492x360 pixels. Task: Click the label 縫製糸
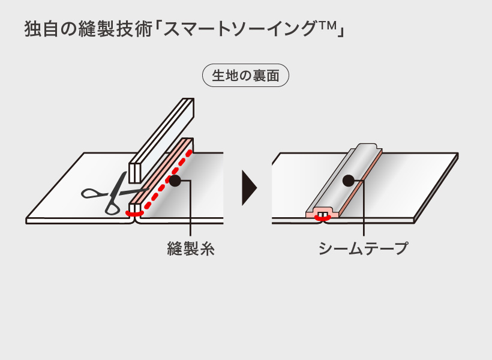tap(190, 248)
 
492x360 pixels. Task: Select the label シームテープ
tap(364, 248)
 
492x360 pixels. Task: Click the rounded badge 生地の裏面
tap(246, 76)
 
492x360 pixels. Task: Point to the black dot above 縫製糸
tap(175, 180)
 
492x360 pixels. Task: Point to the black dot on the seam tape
tap(348, 180)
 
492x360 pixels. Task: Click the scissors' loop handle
tap(92, 193)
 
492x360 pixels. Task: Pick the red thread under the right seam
tap(323, 218)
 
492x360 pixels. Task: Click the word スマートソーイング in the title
tap(240, 29)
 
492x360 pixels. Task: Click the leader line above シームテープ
tap(364, 210)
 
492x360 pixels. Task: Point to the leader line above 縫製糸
tap(190, 210)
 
